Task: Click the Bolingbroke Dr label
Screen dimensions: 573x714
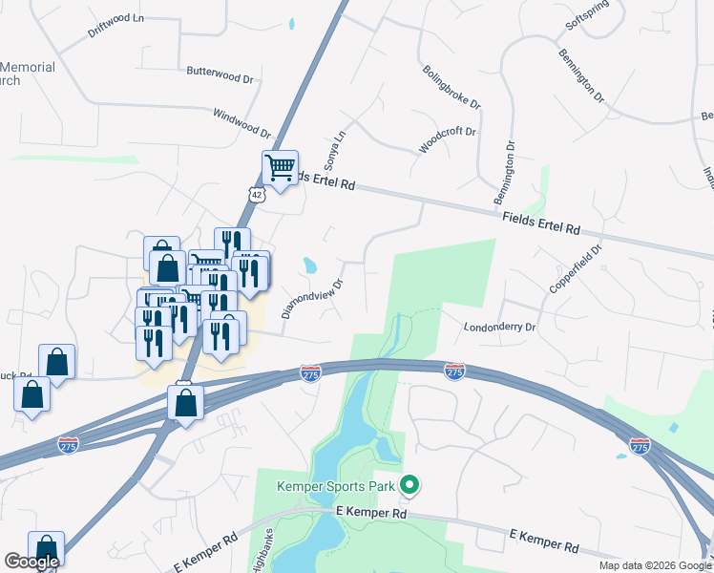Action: point(451,86)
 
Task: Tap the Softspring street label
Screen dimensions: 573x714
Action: point(586,17)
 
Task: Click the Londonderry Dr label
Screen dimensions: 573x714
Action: point(500,327)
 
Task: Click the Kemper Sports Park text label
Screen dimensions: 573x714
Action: point(336,486)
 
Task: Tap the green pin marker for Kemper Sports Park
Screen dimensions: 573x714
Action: point(410,486)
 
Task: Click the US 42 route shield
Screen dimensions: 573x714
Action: point(254,194)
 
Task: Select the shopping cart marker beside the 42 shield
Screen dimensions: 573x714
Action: point(280,168)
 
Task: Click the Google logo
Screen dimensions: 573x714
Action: point(31,562)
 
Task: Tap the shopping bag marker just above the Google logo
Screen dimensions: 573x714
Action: point(46,547)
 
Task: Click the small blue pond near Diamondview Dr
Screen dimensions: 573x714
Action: point(309,264)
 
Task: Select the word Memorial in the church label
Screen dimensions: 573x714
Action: point(28,68)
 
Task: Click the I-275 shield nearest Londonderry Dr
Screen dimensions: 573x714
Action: point(454,369)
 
